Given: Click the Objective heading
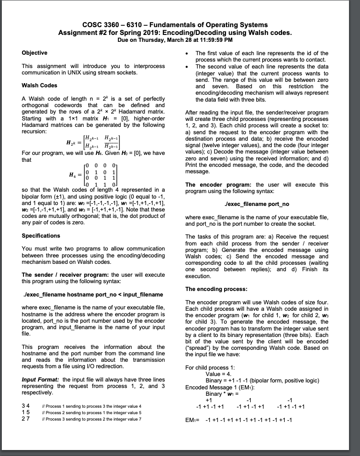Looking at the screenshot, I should [x=34, y=53].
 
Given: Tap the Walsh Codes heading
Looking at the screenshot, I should [x=39, y=85].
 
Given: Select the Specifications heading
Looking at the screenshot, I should [x=41, y=235].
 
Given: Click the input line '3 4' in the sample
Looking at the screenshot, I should [x=26, y=406].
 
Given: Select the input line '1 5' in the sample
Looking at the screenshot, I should [x=26, y=412].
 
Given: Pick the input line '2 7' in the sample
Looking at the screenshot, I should [x=26, y=419].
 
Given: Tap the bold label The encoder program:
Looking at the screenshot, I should [x=218, y=184].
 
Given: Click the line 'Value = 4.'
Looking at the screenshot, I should [x=219, y=374].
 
